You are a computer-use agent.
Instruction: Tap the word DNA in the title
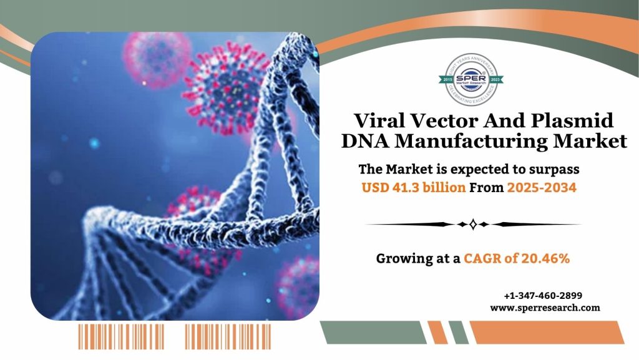point(366,142)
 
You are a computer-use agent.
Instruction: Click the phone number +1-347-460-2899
point(543,295)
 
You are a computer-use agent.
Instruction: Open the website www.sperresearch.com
point(545,307)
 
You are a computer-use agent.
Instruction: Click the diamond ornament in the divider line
point(472,224)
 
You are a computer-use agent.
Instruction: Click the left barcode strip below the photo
point(121,336)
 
